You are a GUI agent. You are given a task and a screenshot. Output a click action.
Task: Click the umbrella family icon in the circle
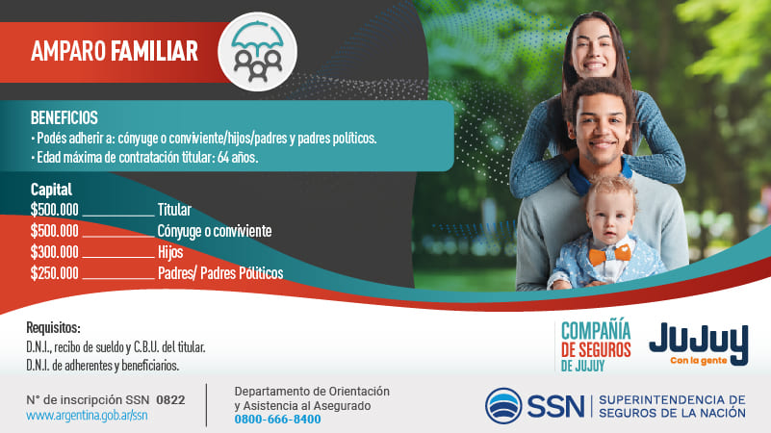(x=257, y=52)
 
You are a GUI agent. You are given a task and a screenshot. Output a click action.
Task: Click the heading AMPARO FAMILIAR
(x=115, y=51)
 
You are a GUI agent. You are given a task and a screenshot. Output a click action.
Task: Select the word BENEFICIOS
(x=64, y=118)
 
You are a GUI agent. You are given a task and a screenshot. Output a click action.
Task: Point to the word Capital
(x=51, y=190)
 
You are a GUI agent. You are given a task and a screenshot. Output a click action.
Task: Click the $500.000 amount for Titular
(x=55, y=210)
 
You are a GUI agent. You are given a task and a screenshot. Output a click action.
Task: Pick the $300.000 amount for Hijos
(x=55, y=252)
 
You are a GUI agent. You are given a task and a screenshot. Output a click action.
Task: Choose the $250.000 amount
(x=55, y=273)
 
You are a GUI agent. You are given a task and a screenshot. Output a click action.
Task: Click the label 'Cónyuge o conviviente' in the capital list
(x=215, y=231)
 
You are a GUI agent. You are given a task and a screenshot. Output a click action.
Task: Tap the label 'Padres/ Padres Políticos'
(x=220, y=273)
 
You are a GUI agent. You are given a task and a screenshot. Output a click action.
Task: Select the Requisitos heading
(x=53, y=327)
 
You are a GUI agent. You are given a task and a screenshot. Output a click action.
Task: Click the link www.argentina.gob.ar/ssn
(x=87, y=416)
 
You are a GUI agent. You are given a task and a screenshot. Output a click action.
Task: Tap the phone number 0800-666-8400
(x=277, y=420)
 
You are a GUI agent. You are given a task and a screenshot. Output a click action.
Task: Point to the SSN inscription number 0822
(x=170, y=400)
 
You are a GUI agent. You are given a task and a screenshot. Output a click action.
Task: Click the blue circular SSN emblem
(x=503, y=406)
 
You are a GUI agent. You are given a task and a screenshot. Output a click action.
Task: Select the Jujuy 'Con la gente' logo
(x=699, y=344)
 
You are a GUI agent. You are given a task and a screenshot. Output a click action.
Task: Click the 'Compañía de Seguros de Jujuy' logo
(x=596, y=345)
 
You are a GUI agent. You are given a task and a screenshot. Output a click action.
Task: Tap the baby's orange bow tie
(x=609, y=255)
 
